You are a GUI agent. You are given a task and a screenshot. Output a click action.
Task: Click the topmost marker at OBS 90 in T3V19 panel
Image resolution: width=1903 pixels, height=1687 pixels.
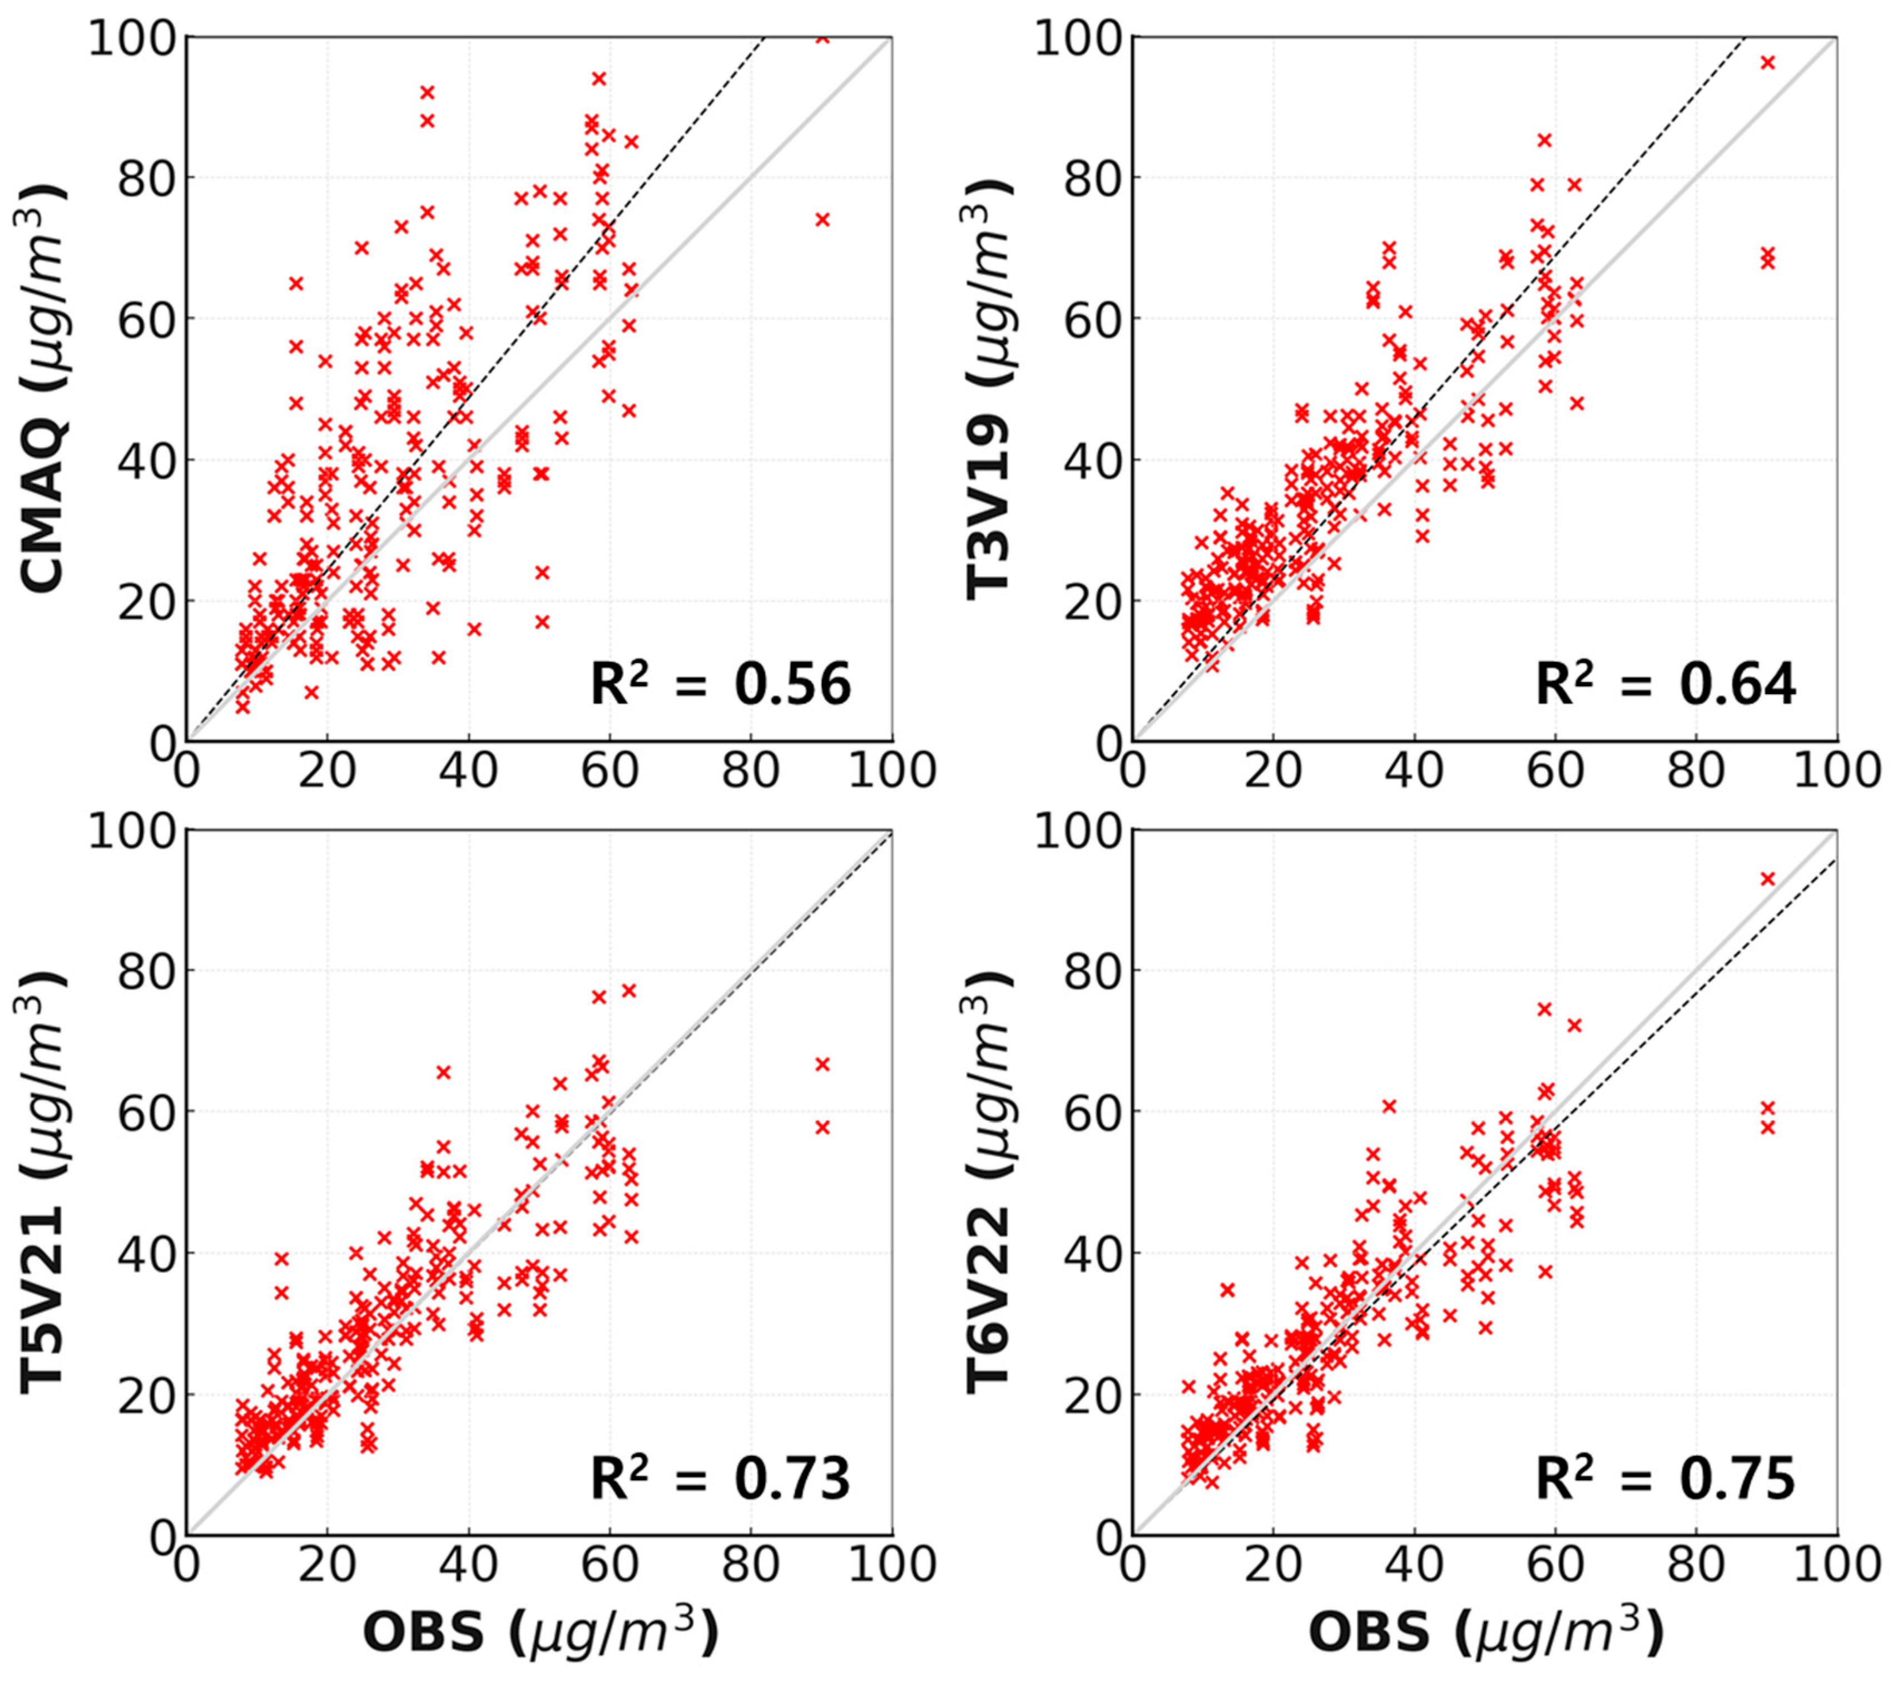[1767, 62]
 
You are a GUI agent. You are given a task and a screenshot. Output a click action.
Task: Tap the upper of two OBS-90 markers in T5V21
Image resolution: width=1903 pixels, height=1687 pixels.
[822, 1064]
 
